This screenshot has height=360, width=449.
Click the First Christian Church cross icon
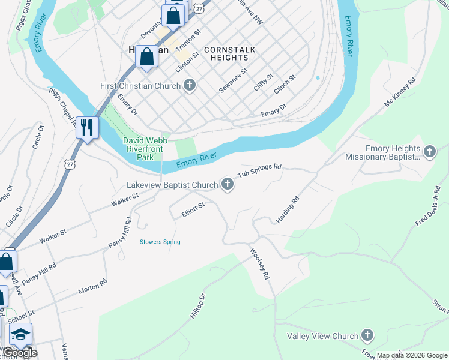(190, 85)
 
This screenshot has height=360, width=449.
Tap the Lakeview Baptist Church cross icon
(228, 184)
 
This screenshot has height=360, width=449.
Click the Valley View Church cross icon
(367, 336)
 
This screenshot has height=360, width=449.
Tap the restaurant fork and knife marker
(87, 127)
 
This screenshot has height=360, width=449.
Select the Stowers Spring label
(160, 242)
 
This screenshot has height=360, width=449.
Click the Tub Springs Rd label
(259, 170)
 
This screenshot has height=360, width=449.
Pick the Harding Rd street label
(288, 211)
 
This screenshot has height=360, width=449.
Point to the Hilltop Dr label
(198, 306)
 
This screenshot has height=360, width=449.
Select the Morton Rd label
(92, 286)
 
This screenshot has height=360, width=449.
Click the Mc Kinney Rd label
(400, 92)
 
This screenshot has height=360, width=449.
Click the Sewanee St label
(233, 80)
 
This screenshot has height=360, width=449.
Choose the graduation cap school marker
(21, 334)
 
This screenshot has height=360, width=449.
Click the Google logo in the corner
(19, 353)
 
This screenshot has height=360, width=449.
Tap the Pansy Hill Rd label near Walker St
(120, 235)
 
